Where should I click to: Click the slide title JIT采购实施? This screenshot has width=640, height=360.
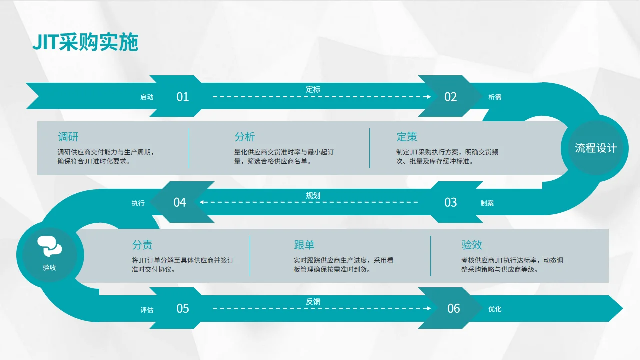tap(85, 43)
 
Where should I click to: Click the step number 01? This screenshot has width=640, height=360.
tap(183, 97)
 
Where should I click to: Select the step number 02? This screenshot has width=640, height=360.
tap(451, 97)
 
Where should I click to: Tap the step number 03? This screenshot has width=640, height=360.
tap(451, 202)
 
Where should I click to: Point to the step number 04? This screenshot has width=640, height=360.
tap(180, 202)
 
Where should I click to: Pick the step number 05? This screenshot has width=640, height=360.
tap(183, 308)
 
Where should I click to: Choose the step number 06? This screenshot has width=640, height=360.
tap(453, 308)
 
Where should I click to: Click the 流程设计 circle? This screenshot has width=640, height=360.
tap(595, 148)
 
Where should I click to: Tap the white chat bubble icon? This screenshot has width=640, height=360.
tap(49, 246)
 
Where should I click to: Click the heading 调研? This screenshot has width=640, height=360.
tap(68, 137)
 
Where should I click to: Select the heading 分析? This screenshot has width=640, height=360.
tap(245, 137)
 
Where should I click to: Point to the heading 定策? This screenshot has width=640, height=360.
tap(407, 137)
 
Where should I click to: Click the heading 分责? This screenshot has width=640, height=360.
tap(142, 245)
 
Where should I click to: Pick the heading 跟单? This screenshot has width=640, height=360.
tap(304, 245)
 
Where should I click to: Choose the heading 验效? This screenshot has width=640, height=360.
tap(472, 245)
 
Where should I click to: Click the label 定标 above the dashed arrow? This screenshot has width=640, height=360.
tap(313, 89)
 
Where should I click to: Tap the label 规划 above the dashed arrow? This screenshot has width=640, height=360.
tap(313, 195)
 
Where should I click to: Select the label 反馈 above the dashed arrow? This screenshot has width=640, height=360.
tap(313, 301)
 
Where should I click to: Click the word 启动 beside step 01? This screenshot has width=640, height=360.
tap(147, 97)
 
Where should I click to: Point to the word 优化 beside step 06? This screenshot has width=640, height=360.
tap(495, 309)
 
